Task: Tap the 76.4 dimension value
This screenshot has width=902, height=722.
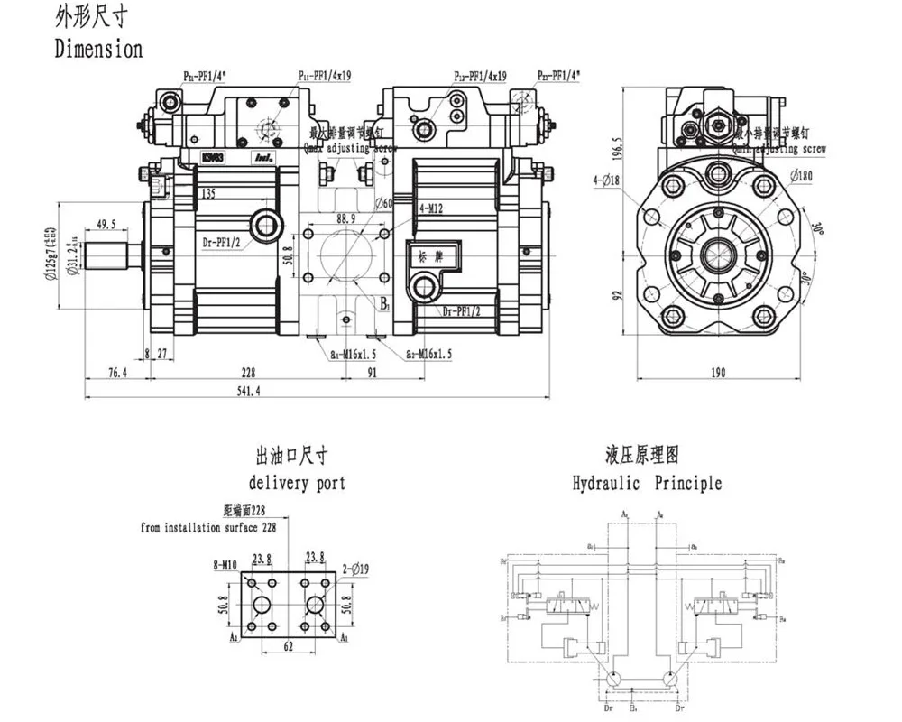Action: tap(116, 372)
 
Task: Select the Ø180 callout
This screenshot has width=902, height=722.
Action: tap(803, 176)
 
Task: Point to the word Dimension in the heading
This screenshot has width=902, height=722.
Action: tap(99, 48)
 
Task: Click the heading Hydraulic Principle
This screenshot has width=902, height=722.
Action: tap(648, 483)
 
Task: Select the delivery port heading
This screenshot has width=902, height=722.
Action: tap(297, 483)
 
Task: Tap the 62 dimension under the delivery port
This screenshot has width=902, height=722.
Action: tap(289, 646)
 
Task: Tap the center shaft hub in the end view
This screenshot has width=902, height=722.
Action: tap(718, 256)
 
